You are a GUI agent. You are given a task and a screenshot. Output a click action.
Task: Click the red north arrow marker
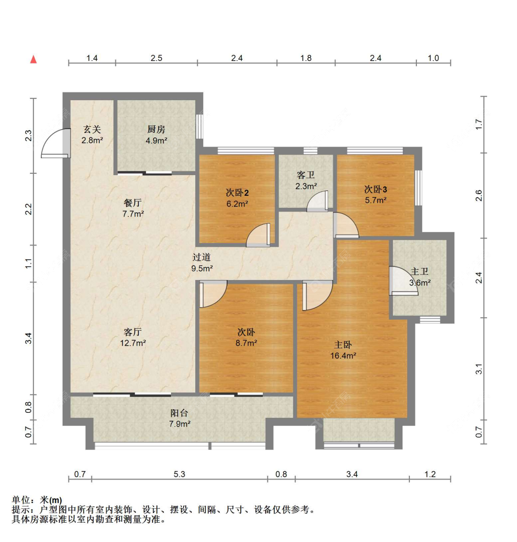(x=34, y=59)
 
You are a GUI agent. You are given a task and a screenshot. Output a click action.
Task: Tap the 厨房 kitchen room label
(x=156, y=129)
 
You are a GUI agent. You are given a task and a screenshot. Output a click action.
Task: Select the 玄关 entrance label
(x=92, y=129)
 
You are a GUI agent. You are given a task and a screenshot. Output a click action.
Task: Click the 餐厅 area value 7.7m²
(x=133, y=214)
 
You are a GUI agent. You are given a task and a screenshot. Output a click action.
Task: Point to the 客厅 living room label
(x=133, y=332)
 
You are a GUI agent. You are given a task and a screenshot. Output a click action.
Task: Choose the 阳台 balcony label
(x=179, y=413)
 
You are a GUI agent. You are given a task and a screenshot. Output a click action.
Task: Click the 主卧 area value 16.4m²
(x=343, y=356)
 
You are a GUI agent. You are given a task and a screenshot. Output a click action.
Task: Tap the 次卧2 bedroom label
(x=238, y=193)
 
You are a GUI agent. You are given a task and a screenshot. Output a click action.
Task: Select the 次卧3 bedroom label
(x=375, y=189)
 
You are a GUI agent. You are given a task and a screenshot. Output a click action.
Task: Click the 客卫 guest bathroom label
(x=306, y=175)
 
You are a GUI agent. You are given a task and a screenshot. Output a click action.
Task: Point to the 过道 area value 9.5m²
(x=202, y=268)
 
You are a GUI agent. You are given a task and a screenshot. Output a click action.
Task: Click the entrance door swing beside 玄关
(x=55, y=143)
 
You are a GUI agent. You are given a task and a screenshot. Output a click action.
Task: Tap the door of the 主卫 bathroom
(x=403, y=281)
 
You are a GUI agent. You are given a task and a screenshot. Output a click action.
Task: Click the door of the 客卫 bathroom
(x=317, y=201)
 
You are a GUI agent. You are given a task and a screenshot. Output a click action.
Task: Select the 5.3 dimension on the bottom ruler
(x=179, y=474)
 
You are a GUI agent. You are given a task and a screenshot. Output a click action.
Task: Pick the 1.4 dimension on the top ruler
(x=92, y=58)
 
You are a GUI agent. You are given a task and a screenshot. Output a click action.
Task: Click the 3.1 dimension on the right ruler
(x=479, y=369)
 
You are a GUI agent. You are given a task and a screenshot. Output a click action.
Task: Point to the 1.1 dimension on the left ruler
(x=28, y=263)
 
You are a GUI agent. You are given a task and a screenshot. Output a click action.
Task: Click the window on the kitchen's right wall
(x=199, y=126)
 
